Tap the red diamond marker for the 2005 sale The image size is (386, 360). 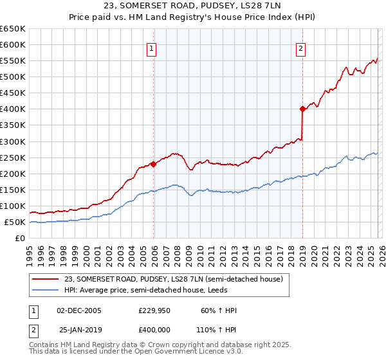point(154,164)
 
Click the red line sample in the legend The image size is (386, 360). point(46,279)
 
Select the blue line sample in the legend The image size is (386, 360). point(46,290)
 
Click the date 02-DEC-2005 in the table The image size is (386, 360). point(79,310)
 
